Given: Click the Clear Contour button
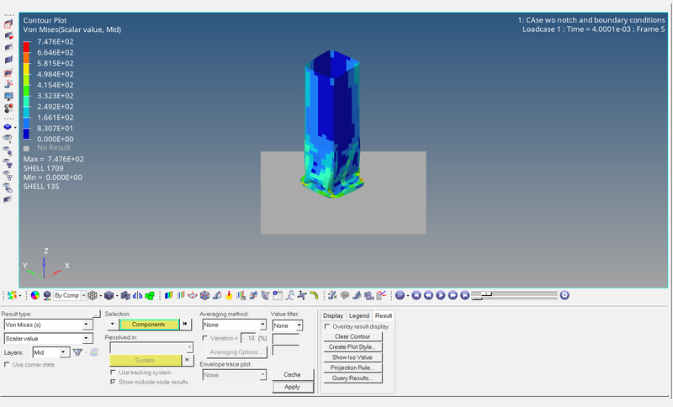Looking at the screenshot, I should coord(352,336).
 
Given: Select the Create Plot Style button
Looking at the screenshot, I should coord(352,346).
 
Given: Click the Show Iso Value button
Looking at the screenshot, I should coord(352,357).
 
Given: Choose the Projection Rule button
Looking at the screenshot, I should coord(352,367).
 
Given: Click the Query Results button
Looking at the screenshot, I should coord(352,378).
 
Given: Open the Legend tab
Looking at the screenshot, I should coord(359,315).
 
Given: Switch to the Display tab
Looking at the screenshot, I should coord(333,315).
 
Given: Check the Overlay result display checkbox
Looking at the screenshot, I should coord(327,326).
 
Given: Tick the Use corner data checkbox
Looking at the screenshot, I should coord(8,364).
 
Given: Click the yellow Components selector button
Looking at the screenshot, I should coord(149,324).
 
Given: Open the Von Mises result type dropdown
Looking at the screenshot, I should coord(47,325).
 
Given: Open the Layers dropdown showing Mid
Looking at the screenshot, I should coord(50,352).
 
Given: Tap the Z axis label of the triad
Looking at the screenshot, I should coord(45,251).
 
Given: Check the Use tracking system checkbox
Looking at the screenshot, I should coord(114,372).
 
